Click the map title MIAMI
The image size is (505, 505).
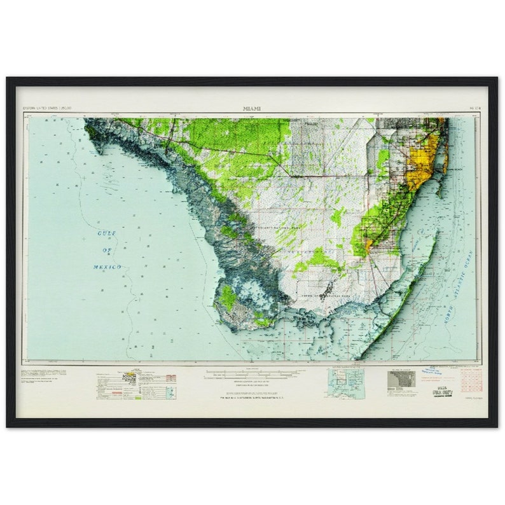tap(252, 108)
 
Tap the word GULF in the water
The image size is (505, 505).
tap(107, 233)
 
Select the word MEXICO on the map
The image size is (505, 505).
tap(107, 267)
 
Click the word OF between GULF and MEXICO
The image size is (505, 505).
tap(107, 250)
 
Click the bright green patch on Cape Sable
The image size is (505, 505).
tap(227, 298)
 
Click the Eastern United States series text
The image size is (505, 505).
tap(47, 109)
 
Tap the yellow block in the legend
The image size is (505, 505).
tap(133, 375)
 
